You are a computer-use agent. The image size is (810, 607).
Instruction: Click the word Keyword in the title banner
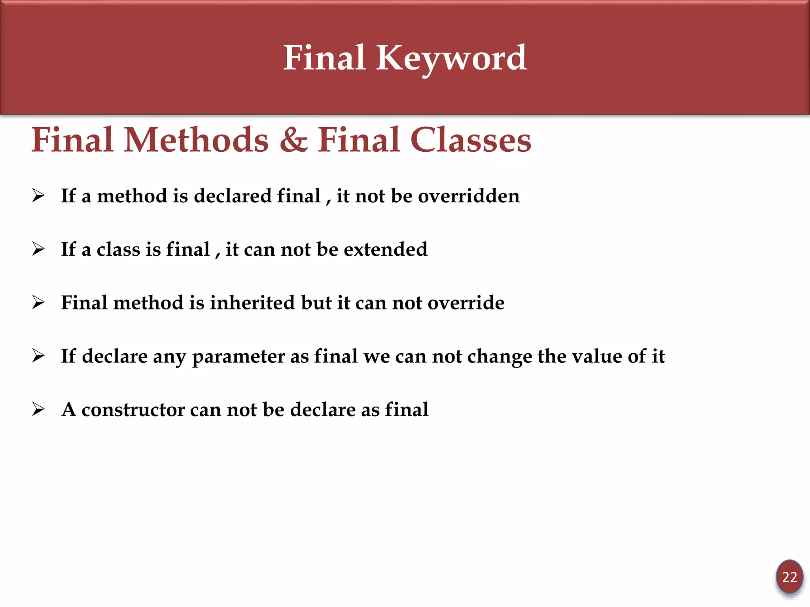451,58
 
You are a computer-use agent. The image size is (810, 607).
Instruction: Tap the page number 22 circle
789,577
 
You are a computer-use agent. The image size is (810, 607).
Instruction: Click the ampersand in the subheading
293,140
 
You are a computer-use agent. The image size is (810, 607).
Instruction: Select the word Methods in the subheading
196,140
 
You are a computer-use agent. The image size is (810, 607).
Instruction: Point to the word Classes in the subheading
471,140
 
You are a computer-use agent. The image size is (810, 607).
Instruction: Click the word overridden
469,196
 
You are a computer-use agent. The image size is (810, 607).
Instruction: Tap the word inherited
252,303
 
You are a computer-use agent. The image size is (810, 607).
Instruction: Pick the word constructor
133,410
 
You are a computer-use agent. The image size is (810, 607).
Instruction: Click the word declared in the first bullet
232,196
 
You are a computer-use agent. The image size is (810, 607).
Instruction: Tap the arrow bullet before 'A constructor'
38,409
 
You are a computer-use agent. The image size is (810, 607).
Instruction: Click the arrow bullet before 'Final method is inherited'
38,302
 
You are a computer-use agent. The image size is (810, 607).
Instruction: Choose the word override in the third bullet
466,303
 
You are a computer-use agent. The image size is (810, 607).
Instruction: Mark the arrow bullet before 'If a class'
38,249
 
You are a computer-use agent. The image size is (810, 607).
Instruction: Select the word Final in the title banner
324,58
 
